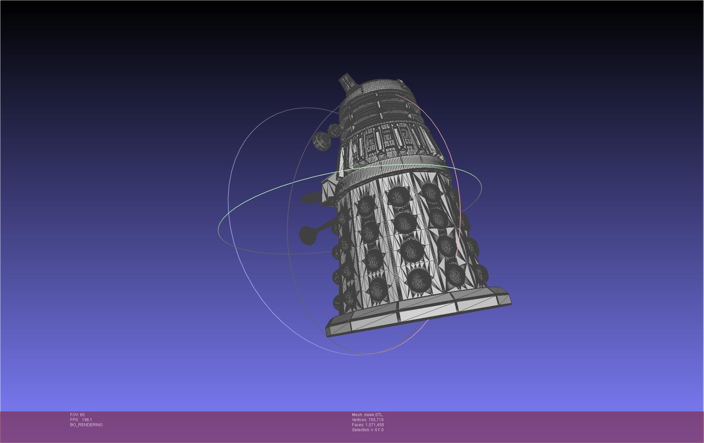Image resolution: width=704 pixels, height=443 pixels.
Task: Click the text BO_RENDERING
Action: coord(86,425)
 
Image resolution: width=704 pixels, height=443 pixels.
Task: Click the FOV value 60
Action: coord(82,415)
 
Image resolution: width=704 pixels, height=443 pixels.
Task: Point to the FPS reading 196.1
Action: coord(87,420)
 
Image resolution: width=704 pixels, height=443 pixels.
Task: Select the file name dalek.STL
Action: coord(373,415)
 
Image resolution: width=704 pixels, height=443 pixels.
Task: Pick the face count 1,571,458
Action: coord(375,425)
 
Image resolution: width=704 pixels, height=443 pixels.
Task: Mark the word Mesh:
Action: coord(357,415)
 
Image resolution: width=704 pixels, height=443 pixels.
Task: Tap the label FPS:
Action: coord(74,420)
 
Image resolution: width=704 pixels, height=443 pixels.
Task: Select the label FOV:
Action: coord(75,415)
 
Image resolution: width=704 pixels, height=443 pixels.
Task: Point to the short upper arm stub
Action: coord(311,198)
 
